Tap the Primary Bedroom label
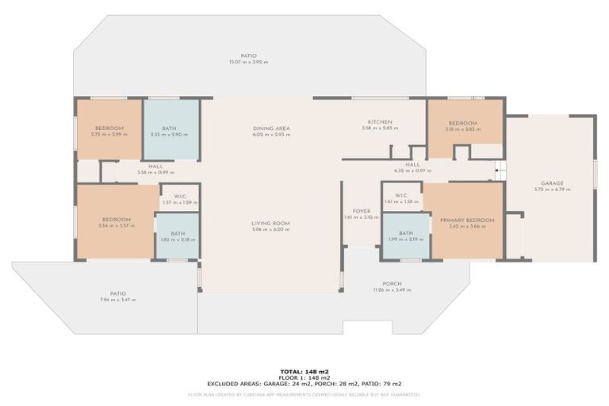tap(467, 220)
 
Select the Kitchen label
tap(377, 121)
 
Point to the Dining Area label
tap(271, 128)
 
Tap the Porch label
tap(392, 283)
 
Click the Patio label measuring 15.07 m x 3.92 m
tap(248, 56)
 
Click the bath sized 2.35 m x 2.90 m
tap(169, 128)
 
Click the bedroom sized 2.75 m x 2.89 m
tap(109, 128)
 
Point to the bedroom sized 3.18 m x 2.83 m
tap(462, 123)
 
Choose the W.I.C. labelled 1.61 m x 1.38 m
tap(400, 196)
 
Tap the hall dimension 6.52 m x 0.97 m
tap(412, 170)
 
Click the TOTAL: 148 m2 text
tap(304, 371)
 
